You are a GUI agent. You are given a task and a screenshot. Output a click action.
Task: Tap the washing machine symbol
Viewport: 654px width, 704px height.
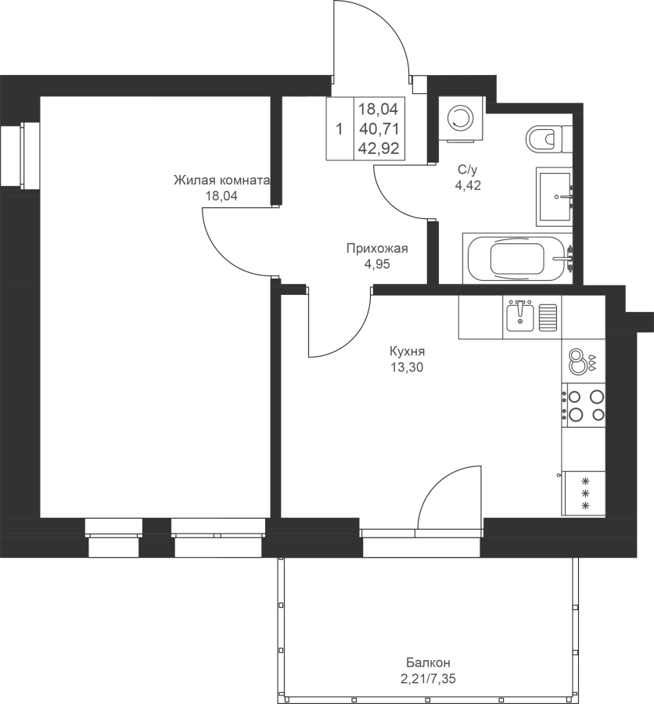(x=462, y=119)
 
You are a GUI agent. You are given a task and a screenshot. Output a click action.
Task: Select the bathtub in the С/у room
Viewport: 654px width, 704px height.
(x=517, y=258)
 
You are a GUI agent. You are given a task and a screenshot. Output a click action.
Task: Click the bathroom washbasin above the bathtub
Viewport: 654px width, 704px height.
(x=555, y=196)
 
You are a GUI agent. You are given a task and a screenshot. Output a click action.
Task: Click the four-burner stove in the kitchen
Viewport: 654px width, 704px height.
(x=583, y=405)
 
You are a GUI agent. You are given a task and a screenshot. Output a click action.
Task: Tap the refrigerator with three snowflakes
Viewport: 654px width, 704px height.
(x=584, y=493)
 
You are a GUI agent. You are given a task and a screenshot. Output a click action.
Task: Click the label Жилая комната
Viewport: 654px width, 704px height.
(x=221, y=181)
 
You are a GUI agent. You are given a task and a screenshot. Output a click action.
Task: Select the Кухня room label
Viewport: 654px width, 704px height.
(x=407, y=351)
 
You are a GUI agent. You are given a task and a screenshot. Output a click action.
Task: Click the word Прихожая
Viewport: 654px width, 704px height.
(x=377, y=248)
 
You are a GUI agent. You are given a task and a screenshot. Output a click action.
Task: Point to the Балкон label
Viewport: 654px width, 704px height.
(x=428, y=663)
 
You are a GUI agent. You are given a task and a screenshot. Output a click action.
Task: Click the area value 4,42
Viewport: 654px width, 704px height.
(x=468, y=185)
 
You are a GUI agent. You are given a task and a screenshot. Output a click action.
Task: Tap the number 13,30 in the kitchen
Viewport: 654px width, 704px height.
(x=407, y=368)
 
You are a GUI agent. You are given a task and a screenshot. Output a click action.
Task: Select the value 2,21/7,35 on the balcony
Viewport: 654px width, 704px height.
(x=428, y=678)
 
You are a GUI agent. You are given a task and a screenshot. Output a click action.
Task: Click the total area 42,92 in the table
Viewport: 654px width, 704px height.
(x=379, y=148)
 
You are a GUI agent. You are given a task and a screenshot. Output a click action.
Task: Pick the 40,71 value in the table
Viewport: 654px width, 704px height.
(x=379, y=129)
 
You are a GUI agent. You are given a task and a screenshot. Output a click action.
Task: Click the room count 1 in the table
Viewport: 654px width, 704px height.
(x=340, y=129)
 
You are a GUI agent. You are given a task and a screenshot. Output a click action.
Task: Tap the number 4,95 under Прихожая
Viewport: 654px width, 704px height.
(x=377, y=264)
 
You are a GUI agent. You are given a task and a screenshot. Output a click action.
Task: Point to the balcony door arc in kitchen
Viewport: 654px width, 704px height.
(x=437, y=479)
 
